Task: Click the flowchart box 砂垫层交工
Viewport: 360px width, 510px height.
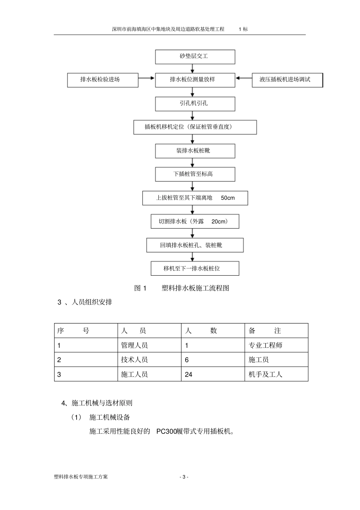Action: click(x=195, y=56)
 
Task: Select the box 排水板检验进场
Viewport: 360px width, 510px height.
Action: click(x=103, y=80)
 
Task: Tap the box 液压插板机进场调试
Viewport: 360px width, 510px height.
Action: click(x=287, y=80)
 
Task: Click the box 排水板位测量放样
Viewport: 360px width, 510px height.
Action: click(x=195, y=80)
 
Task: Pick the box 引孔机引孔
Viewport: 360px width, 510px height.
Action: click(x=195, y=104)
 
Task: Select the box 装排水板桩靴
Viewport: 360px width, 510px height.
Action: click(x=195, y=151)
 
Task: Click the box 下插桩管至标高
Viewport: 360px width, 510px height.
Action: click(x=195, y=174)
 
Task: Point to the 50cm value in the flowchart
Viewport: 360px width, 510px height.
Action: click(x=228, y=198)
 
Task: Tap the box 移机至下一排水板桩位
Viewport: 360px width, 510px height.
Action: click(x=195, y=268)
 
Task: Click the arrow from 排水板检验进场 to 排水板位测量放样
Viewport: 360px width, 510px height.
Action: click(x=147, y=78)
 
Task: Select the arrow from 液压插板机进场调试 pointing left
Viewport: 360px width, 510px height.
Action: click(x=244, y=78)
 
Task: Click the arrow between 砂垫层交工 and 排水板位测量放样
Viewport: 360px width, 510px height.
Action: click(x=193, y=68)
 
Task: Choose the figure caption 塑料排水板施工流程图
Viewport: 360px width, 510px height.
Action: click(x=195, y=288)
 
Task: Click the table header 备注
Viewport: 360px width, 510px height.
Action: click(x=265, y=331)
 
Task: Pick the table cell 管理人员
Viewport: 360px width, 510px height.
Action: click(x=135, y=345)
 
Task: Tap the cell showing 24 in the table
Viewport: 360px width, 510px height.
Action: click(x=189, y=375)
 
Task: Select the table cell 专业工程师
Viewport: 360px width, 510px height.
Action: click(x=265, y=345)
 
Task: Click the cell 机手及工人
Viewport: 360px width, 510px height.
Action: click(x=265, y=375)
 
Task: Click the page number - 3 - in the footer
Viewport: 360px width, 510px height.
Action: click(x=184, y=477)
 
